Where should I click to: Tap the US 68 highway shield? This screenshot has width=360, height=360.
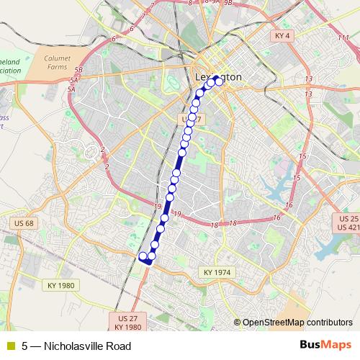click(23, 223)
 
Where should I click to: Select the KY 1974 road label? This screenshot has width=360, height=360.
click(217, 272)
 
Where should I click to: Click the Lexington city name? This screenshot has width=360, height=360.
click(219, 76)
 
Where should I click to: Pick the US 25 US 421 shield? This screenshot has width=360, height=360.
click(348, 222)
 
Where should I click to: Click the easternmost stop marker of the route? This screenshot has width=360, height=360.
click(219, 81)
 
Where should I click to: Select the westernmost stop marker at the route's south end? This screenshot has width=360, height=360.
click(143, 256)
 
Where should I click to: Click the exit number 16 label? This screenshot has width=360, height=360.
click(276, 217)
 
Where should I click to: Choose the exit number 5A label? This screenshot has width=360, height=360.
click(71, 89)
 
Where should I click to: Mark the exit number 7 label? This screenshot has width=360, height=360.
click(152, 6)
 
